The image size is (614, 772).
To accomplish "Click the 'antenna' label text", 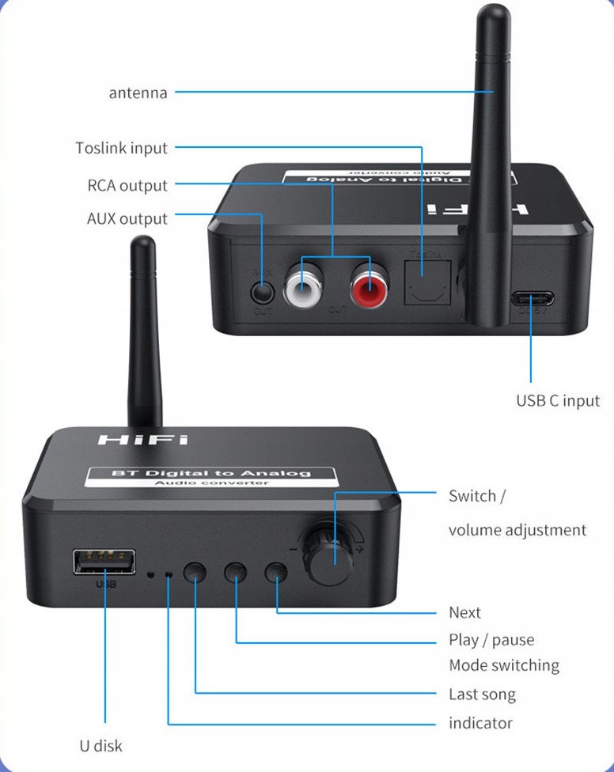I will click(138, 93).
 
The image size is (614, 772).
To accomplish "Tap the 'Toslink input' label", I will click(121, 148).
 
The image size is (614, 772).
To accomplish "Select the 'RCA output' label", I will click(127, 186).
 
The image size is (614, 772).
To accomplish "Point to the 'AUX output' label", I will click(127, 218).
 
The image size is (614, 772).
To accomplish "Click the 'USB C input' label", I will click(558, 400).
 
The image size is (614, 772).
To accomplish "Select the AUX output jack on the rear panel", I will click(262, 291).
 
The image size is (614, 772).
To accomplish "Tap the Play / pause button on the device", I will click(236, 572).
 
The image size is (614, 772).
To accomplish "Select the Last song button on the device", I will click(195, 573).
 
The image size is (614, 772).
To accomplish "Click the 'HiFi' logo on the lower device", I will click(142, 438).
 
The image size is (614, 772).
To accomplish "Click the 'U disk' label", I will click(100, 745).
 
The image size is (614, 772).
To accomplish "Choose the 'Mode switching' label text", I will click(503, 665).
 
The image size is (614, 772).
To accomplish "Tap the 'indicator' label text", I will click(480, 723).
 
